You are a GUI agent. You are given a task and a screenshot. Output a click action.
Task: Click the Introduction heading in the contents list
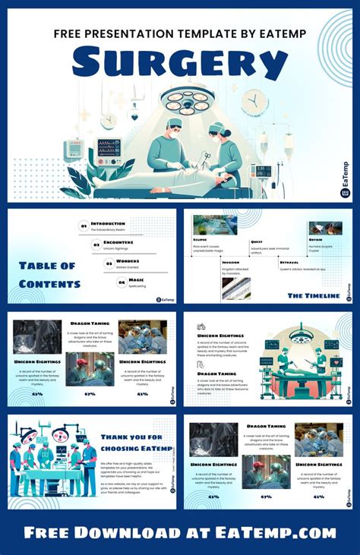(108, 223)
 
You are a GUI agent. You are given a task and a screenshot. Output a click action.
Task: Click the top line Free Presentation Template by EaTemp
(179, 33)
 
